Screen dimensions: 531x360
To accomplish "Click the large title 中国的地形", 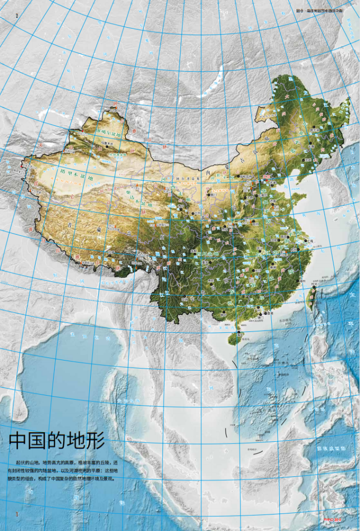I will [x=57, y=440].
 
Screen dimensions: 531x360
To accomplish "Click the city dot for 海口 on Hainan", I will [x=239, y=333].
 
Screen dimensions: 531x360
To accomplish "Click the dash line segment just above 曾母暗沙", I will [x=258, y=453].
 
